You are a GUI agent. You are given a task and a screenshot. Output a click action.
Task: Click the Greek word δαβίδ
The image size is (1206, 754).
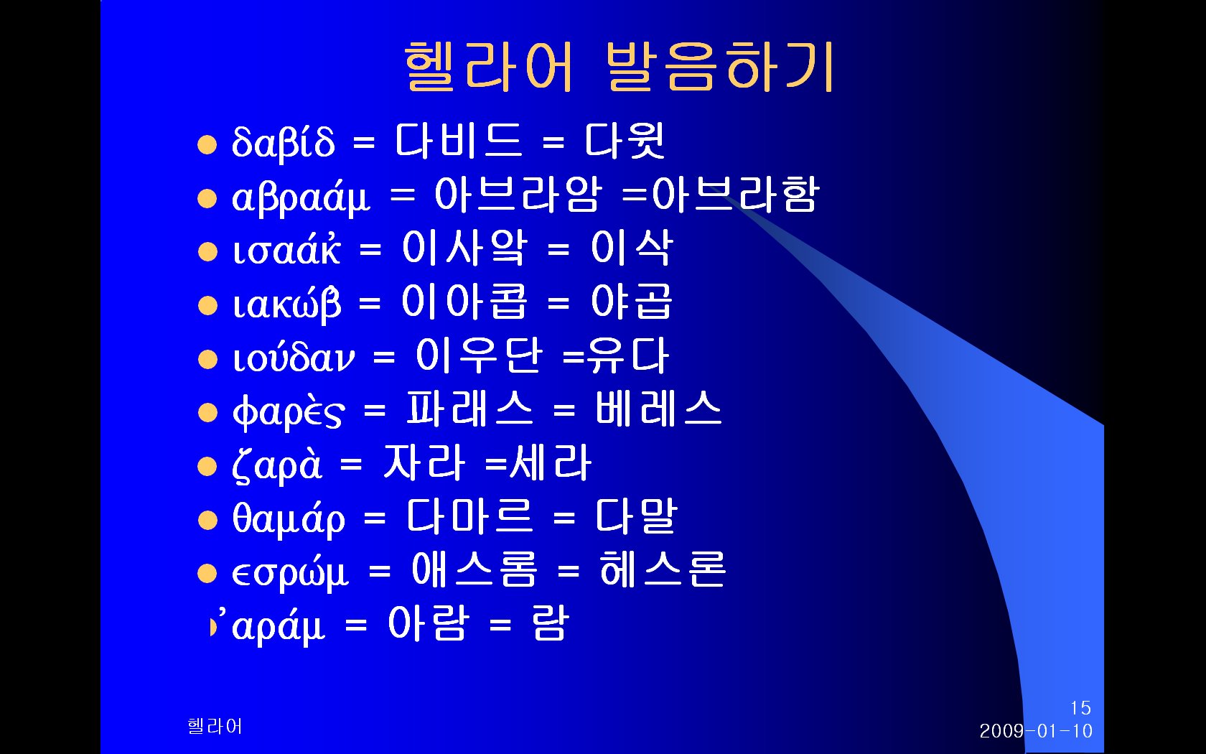click(x=283, y=141)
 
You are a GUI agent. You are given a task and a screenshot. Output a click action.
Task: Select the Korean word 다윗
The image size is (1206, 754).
click(x=625, y=141)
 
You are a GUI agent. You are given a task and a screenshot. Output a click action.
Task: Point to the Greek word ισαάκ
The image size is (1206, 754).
click(x=286, y=248)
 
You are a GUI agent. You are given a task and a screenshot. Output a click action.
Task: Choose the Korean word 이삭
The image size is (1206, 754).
click(x=632, y=248)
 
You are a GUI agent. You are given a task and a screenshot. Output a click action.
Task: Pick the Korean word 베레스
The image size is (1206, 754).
click(x=658, y=409)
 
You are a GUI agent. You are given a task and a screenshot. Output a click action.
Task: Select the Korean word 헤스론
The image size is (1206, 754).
click(x=663, y=569)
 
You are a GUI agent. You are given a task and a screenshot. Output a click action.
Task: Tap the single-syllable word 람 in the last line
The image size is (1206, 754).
click(x=550, y=623)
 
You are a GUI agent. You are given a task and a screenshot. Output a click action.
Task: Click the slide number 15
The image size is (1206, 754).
click(x=1080, y=708)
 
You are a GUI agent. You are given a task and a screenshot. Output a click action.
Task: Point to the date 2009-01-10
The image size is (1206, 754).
click(x=1036, y=731)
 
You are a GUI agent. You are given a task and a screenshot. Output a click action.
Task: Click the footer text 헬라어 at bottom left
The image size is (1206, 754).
click(x=215, y=726)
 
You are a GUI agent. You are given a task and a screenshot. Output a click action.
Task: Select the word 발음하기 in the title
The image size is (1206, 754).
click(x=720, y=66)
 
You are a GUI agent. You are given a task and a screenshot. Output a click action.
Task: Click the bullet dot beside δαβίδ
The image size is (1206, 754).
click(x=207, y=144)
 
